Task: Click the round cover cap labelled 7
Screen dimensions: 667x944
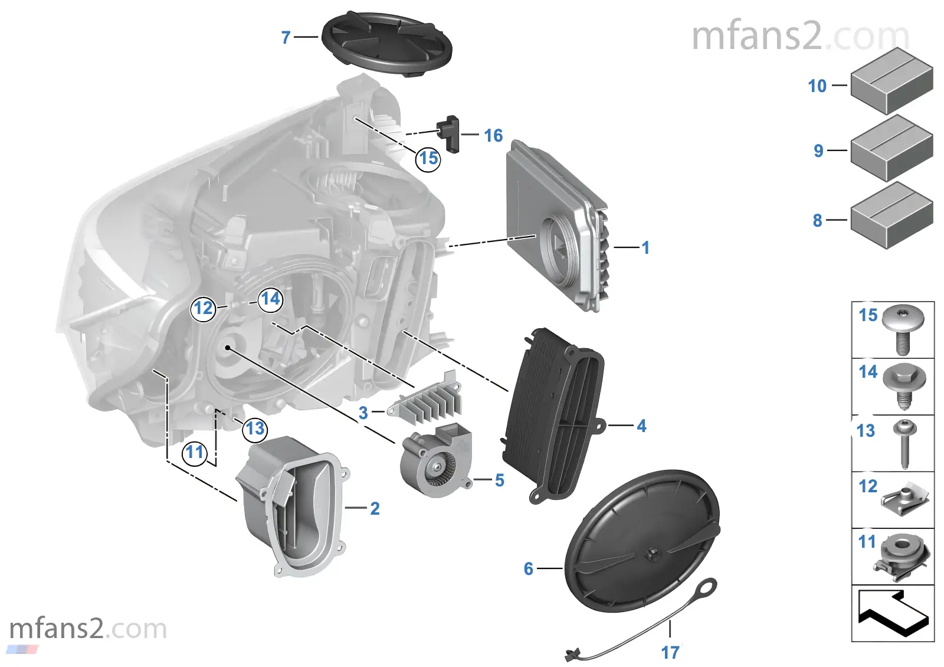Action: [386, 44]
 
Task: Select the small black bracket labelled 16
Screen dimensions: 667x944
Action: [450, 133]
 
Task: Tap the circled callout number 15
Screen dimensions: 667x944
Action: [428, 158]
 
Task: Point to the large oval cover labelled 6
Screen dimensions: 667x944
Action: [640, 540]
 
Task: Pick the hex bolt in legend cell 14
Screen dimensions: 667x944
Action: [904, 385]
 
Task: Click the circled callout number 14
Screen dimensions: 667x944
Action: [270, 299]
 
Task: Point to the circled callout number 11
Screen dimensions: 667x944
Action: [195, 453]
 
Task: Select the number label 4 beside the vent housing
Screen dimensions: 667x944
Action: [641, 426]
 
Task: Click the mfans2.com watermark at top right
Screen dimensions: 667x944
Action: [799, 37]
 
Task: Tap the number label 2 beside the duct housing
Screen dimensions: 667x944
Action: [375, 508]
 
